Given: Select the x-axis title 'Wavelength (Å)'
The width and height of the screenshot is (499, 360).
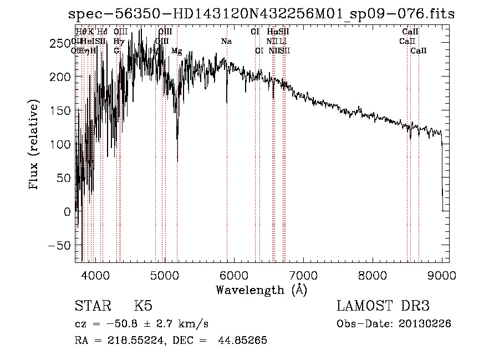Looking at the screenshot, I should tap(261, 290).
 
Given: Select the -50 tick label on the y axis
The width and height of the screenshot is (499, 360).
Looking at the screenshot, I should tap(60, 246).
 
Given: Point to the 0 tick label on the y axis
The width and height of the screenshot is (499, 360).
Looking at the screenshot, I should tap(68, 212).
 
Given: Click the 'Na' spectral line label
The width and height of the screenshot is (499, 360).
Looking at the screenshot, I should tap(226, 42).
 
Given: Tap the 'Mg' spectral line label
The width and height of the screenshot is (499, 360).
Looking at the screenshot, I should tap(176, 51).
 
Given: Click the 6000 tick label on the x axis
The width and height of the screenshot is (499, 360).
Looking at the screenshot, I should tap(234, 275).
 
